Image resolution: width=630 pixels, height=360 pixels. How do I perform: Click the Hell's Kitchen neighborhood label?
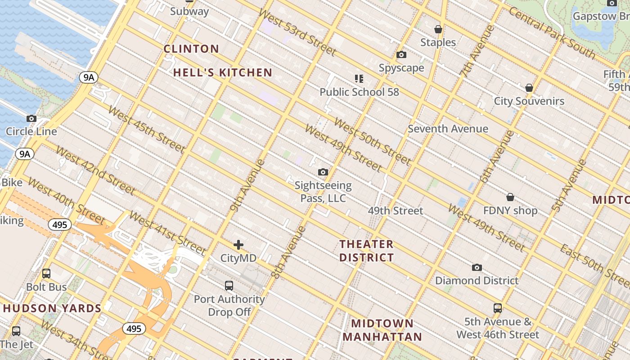[223, 72]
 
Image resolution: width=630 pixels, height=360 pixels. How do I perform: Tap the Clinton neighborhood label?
[191, 49]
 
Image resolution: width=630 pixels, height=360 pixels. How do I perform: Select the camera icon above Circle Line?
[31, 119]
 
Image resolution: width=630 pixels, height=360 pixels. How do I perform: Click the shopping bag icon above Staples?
[438, 30]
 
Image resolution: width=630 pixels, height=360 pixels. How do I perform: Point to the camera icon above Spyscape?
[401, 55]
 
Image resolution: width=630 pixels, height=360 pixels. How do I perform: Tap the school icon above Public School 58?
[359, 79]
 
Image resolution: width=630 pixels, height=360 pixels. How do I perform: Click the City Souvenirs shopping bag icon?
[529, 88]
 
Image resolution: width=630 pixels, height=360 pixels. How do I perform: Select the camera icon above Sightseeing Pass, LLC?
[323, 172]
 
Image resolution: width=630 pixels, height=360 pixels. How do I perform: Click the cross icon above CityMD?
[238, 245]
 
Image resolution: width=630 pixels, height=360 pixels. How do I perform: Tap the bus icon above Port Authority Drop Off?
[229, 285]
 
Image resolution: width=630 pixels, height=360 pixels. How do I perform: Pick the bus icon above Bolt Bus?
[46, 274]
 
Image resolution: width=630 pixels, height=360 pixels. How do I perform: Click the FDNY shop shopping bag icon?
[510, 197]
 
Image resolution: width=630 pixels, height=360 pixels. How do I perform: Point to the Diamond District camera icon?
[477, 268]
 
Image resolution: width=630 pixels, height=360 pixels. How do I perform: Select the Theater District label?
[366, 251]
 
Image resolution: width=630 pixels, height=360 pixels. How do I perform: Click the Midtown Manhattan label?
[382, 330]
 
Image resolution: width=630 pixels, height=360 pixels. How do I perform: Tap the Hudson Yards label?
[52, 308]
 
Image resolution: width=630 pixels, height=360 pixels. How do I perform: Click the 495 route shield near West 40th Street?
[60, 225]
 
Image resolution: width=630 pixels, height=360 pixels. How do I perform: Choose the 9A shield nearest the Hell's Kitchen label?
[89, 77]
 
